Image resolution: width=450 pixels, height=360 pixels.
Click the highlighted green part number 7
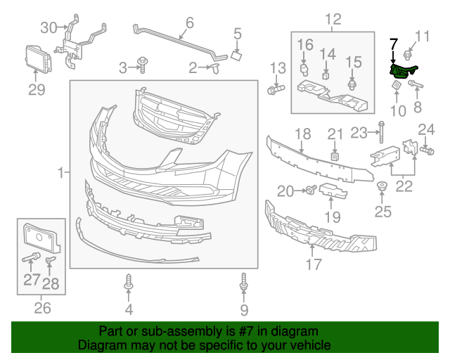(x=402, y=70)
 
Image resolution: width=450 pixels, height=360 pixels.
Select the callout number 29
(x=37, y=89)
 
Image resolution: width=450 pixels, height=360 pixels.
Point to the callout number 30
(x=48, y=27)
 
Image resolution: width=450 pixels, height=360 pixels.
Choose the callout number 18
(x=302, y=134)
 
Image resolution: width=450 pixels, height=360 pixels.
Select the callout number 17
(x=314, y=264)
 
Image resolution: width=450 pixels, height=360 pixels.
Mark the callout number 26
(x=43, y=307)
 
